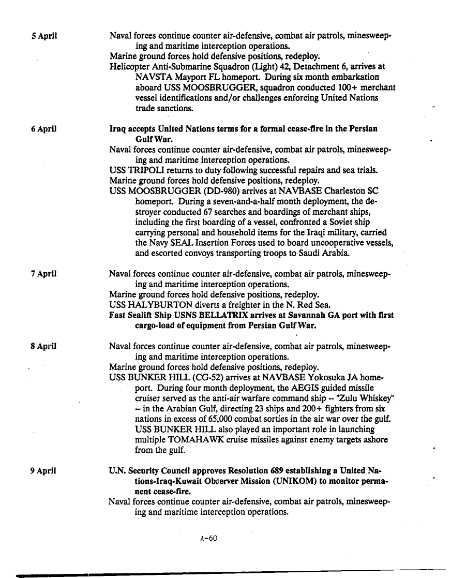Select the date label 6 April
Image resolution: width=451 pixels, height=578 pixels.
pyautogui.click(x=43, y=128)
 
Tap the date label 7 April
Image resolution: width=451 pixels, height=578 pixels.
pyautogui.click(x=43, y=273)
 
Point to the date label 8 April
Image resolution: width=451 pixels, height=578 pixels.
pyautogui.click(x=43, y=346)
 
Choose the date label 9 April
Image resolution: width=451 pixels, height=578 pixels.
pyautogui.click(x=43, y=471)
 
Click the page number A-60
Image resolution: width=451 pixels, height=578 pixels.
pyautogui.click(x=208, y=538)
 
